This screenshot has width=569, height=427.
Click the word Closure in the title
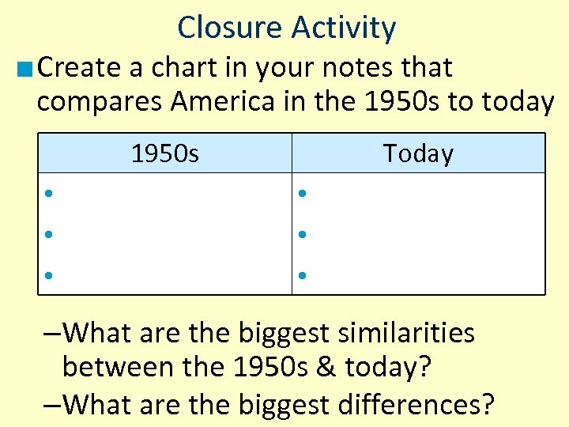click(x=230, y=28)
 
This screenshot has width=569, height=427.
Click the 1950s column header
click(x=164, y=153)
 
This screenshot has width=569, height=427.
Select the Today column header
click(x=418, y=153)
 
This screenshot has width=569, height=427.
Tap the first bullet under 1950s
click(x=48, y=194)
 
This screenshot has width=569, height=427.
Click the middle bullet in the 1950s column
click(x=48, y=235)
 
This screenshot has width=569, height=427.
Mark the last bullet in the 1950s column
click(x=48, y=276)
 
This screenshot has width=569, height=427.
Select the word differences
click(x=405, y=404)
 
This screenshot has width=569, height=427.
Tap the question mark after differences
click(x=487, y=404)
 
